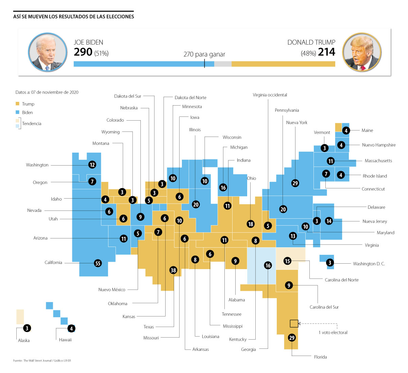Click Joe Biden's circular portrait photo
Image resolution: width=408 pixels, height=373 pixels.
[x=48, y=52]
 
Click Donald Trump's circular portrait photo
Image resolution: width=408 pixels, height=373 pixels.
[x=362, y=52]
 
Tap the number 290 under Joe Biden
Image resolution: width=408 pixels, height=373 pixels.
[x=83, y=52]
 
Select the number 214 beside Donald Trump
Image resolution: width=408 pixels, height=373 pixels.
[x=326, y=52]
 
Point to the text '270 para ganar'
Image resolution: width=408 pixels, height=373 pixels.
[x=204, y=54]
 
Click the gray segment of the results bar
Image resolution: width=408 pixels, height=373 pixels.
[x=223, y=64]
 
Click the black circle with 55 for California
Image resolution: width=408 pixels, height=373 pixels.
[x=98, y=263]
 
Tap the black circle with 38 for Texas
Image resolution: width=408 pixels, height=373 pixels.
[x=173, y=270]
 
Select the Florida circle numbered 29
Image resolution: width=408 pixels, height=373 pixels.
[x=292, y=338]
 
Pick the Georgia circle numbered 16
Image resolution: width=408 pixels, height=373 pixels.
[x=268, y=265]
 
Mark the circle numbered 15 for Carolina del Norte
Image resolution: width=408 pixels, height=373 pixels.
[x=288, y=261]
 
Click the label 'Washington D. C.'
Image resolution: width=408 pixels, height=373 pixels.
[x=369, y=264]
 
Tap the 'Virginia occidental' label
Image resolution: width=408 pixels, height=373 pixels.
[x=270, y=95]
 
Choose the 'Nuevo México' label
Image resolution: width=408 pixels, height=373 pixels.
[x=112, y=290]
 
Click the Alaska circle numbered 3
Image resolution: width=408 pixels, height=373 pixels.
[x=27, y=328]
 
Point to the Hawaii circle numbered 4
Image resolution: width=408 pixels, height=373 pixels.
[x=71, y=328]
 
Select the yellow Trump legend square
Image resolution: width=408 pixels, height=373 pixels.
[x=17, y=104]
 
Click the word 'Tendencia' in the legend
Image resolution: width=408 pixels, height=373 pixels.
[x=32, y=124]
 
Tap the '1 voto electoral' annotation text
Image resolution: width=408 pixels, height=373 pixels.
[x=333, y=332]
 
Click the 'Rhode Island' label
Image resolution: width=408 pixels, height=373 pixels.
[x=375, y=176]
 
